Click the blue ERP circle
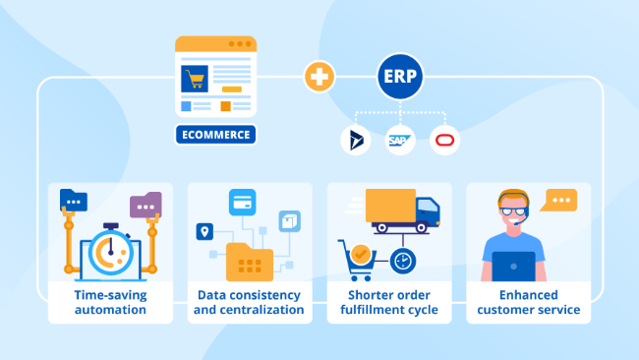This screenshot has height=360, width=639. pyautogui.click(x=399, y=77)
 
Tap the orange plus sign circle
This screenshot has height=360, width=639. pyautogui.click(x=318, y=77)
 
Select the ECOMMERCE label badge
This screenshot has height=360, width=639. pyautogui.click(x=215, y=135)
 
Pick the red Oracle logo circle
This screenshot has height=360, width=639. pyautogui.click(x=444, y=141)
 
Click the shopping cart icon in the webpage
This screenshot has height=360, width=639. pyautogui.click(x=197, y=79)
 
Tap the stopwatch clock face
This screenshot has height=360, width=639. pyautogui.click(x=110, y=253)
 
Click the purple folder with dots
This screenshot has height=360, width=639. pyautogui.click(x=145, y=206)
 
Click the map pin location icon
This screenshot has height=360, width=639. pyautogui.click(x=204, y=232)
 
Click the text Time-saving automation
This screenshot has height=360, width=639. pyautogui.click(x=110, y=303)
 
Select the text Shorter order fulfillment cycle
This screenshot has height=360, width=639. pyautogui.click(x=389, y=303)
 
